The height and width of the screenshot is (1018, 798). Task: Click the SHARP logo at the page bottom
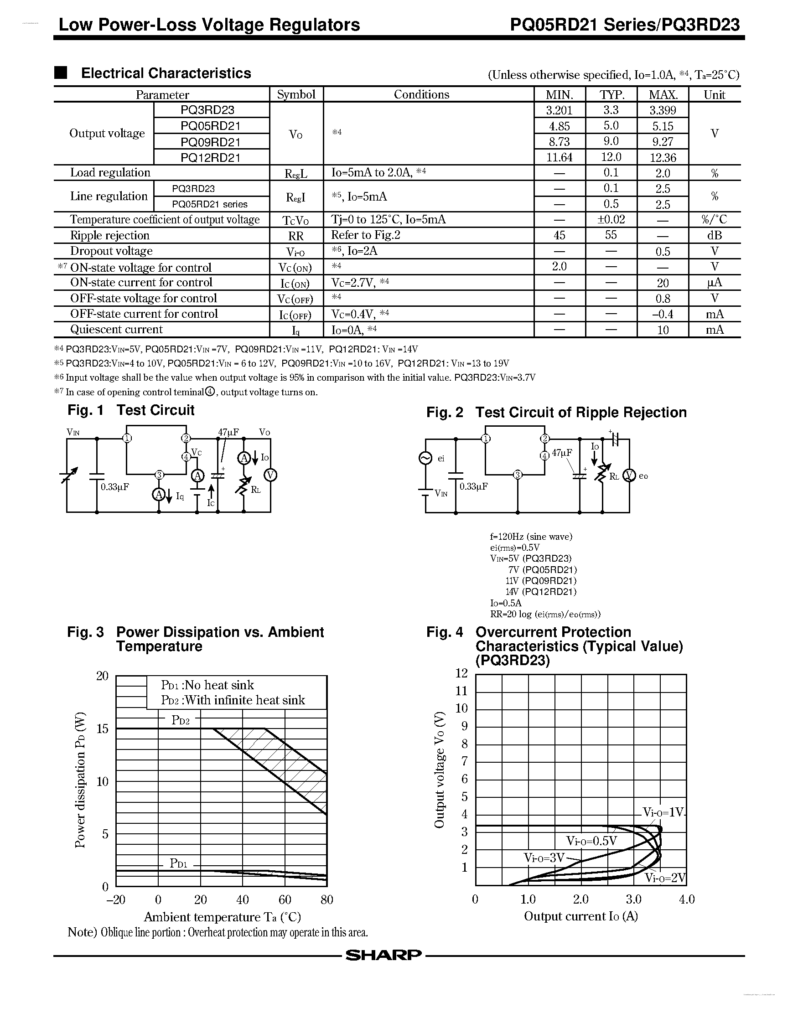(x=383, y=955)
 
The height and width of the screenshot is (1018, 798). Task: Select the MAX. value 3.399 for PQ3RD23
(x=663, y=110)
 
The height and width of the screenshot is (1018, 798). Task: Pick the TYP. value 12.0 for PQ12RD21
(x=611, y=157)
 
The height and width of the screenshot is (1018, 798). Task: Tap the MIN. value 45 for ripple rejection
(x=559, y=235)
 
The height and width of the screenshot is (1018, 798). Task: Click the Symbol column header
(x=296, y=94)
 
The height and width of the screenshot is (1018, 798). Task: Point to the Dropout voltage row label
(x=111, y=251)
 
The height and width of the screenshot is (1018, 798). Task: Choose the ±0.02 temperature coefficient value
(x=611, y=219)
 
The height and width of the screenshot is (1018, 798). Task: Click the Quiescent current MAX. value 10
(x=663, y=330)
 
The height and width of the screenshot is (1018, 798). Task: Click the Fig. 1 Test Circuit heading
(x=131, y=410)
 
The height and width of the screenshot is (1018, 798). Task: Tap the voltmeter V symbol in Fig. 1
(x=270, y=475)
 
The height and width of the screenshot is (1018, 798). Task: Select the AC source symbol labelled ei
(x=425, y=458)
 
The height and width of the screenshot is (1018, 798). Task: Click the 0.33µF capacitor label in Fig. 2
(x=474, y=486)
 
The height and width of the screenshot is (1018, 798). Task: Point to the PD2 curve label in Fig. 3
(x=180, y=720)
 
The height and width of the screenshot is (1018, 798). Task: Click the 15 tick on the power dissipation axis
(x=102, y=729)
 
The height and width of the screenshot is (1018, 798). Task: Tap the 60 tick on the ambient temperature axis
(x=285, y=899)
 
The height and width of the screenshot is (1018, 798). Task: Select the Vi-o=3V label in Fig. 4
(x=544, y=858)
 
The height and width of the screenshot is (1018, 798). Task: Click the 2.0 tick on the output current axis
(x=581, y=899)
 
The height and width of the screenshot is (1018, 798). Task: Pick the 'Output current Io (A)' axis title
(x=581, y=916)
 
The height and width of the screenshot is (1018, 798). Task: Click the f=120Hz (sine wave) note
(x=531, y=536)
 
